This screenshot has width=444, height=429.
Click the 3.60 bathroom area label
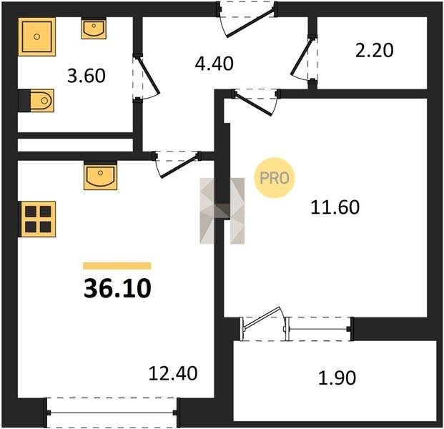point(87,76)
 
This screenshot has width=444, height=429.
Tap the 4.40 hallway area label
point(214,64)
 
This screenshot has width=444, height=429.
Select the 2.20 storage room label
point(374,50)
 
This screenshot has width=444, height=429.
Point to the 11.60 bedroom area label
point(335,207)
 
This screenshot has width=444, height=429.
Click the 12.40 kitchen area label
point(173,373)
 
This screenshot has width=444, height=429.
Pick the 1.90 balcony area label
point(337,378)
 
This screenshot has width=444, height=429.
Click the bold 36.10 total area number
point(117,288)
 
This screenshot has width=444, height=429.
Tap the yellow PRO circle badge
point(275,178)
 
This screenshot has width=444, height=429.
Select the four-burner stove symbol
point(37,220)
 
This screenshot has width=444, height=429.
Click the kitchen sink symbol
point(101,176)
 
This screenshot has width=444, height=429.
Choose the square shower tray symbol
point(36,36)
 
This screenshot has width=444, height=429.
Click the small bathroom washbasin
point(94,28)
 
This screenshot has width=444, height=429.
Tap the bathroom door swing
point(146,77)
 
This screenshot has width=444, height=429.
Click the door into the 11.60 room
point(256,102)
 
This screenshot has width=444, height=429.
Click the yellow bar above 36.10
point(117,265)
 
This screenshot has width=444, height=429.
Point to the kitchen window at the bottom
point(112,413)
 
